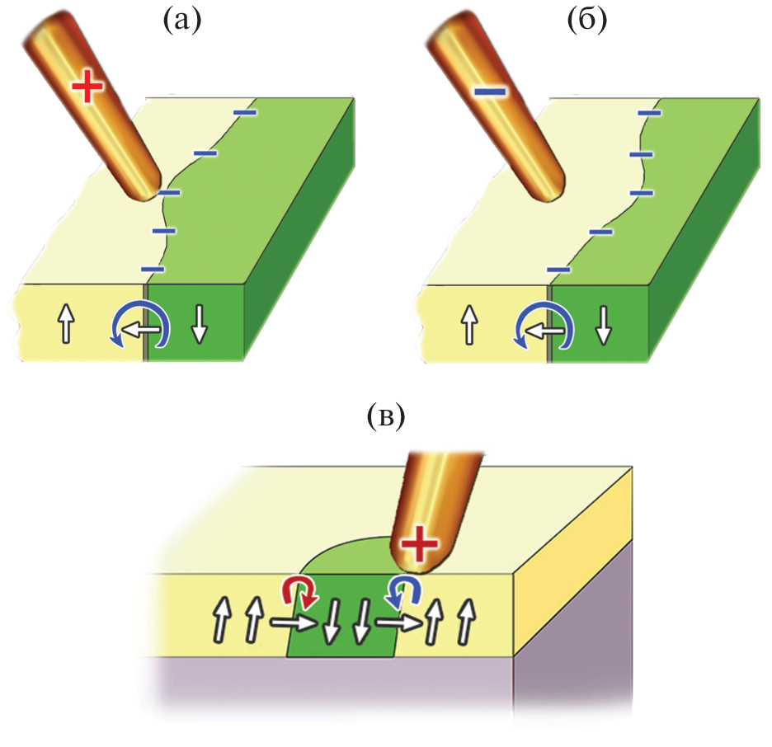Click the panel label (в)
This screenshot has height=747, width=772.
click(x=385, y=418)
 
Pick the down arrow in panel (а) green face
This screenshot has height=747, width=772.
click(x=199, y=323)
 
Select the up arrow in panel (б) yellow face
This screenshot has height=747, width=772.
click(x=468, y=323)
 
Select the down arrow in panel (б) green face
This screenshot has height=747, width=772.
click(x=603, y=323)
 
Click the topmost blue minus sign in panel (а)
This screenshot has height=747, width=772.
click(x=245, y=112)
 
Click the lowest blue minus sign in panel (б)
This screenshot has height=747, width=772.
click(x=558, y=270)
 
